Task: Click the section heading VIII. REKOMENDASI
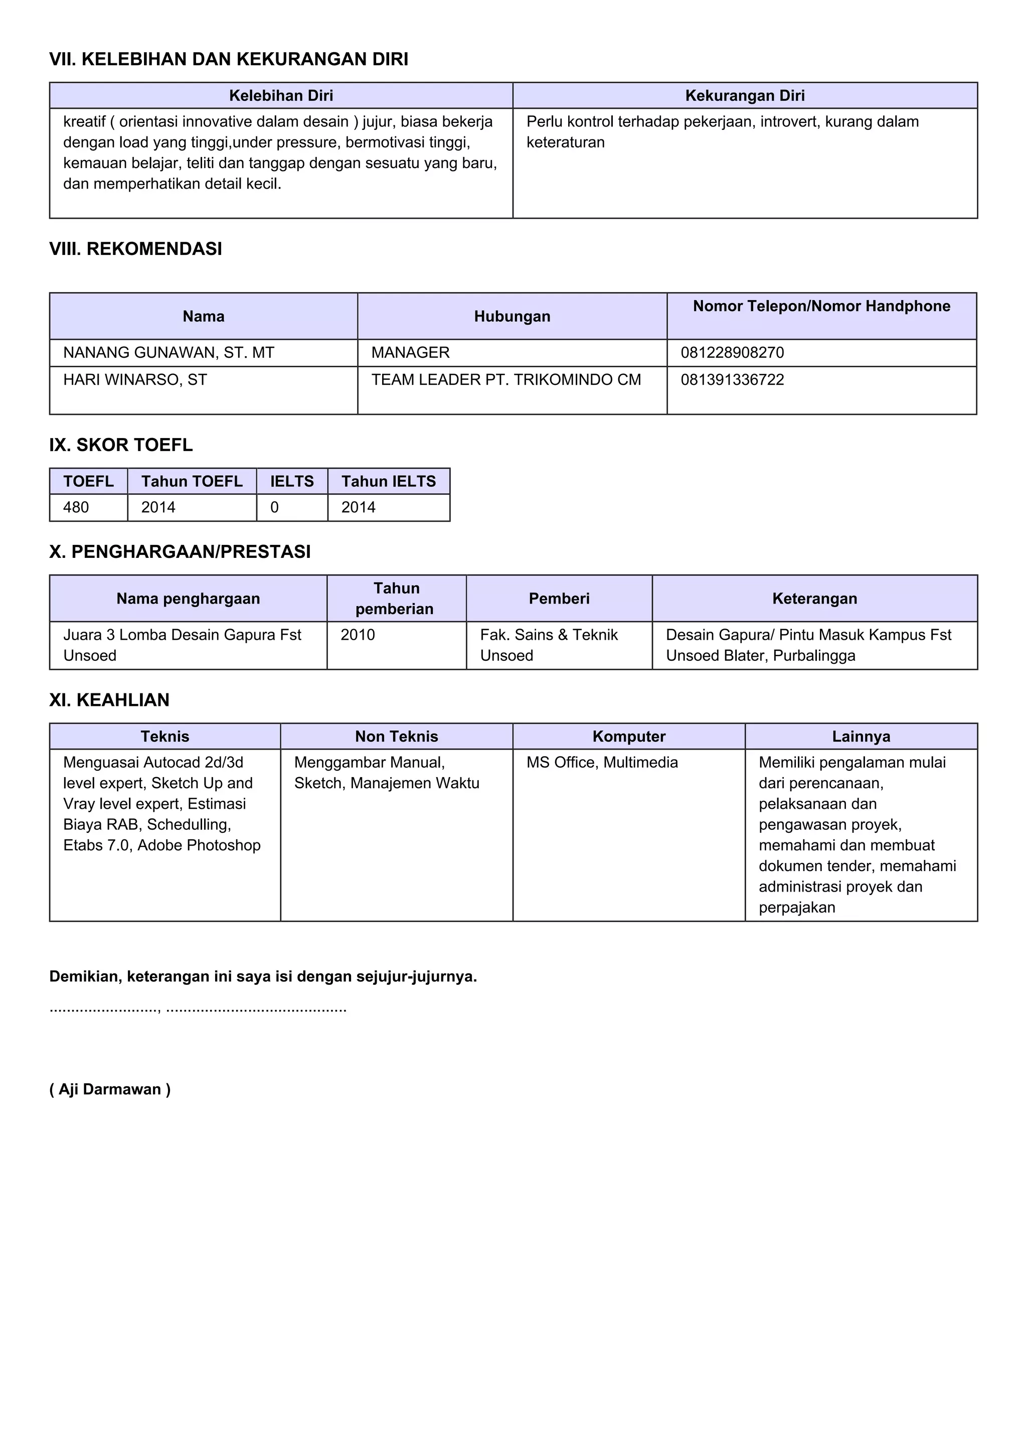pyautogui.click(x=135, y=249)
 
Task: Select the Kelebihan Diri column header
pyautogui.click(x=281, y=95)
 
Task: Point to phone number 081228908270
pyautogui.click(x=732, y=353)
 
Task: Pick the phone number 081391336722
pyautogui.click(x=732, y=380)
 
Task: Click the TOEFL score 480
pyautogui.click(x=76, y=508)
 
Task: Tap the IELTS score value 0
pyautogui.click(x=274, y=508)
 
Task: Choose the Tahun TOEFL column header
pyautogui.click(x=192, y=482)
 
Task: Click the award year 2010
pyautogui.click(x=358, y=635)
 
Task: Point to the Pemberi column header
pyautogui.click(x=559, y=599)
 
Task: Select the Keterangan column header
pyautogui.click(x=814, y=599)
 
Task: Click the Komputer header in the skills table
pyautogui.click(x=629, y=737)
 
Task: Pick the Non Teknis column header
pyautogui.click(x=397, y=737)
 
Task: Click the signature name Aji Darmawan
pyautogui.click(x=110, y=1089)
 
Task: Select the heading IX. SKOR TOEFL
pyautogui.click(x=121, y=445)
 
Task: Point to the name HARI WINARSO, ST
pyautogui.click(x=135, y=380)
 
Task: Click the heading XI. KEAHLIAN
pyautogui.click(x=109, y=700)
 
